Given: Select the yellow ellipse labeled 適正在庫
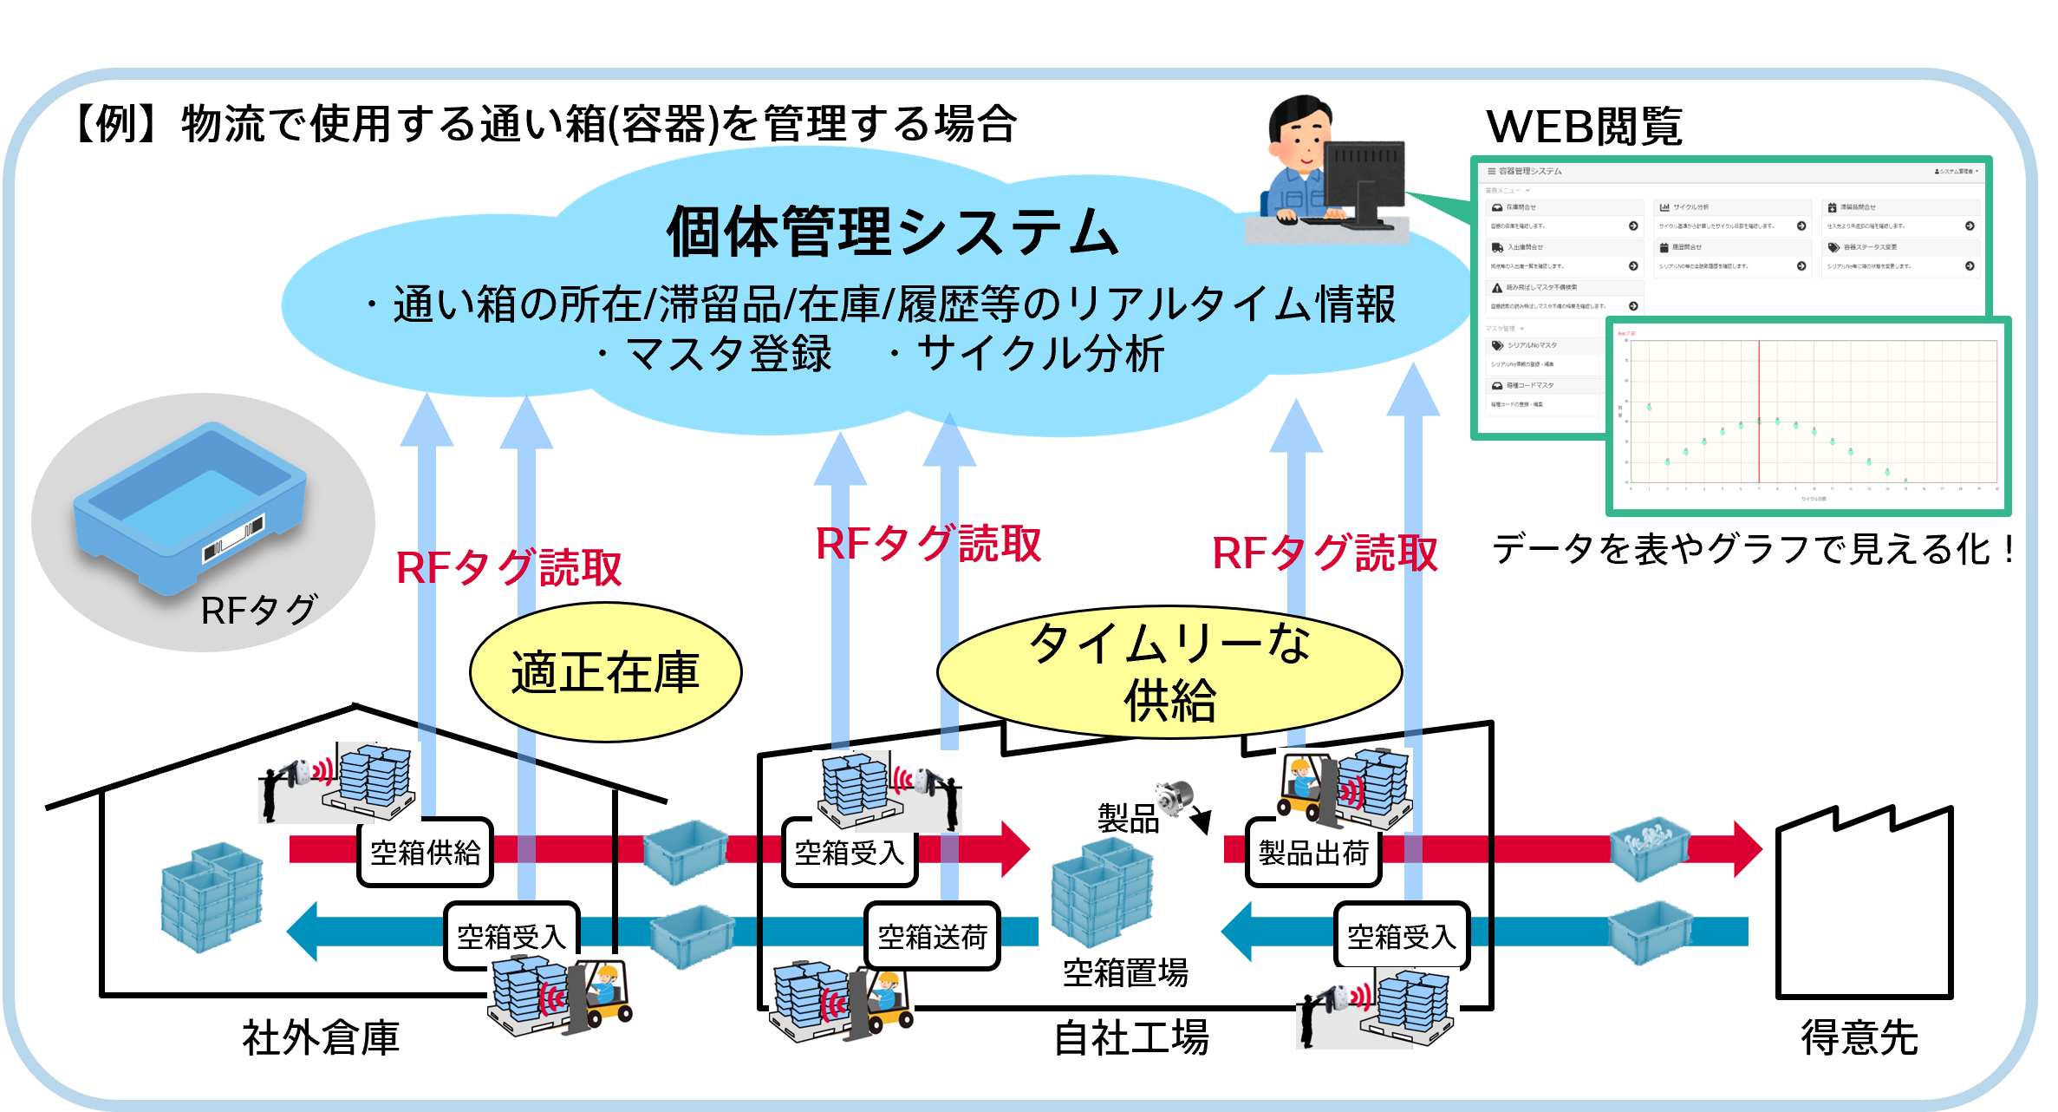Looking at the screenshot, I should tap(605, 672).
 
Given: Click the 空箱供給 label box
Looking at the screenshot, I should tap(425, 853).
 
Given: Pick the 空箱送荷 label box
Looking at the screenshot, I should tap(932, 937).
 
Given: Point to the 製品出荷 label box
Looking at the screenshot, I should tap(1313, 853).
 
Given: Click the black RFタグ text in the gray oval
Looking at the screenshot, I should tap(258, 611).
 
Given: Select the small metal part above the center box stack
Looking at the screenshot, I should tap(1174, 796).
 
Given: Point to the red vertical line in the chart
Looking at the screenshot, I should tap(1759, 412).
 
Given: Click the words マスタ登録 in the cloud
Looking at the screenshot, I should tap(728, 354).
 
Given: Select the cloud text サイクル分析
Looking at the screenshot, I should tap(1040, 354).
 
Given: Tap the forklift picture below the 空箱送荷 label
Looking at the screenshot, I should tap(842, 1002).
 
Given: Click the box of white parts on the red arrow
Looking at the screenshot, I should tap(1649, 847).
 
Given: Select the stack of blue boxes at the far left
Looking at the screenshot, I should tap(212, 898).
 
